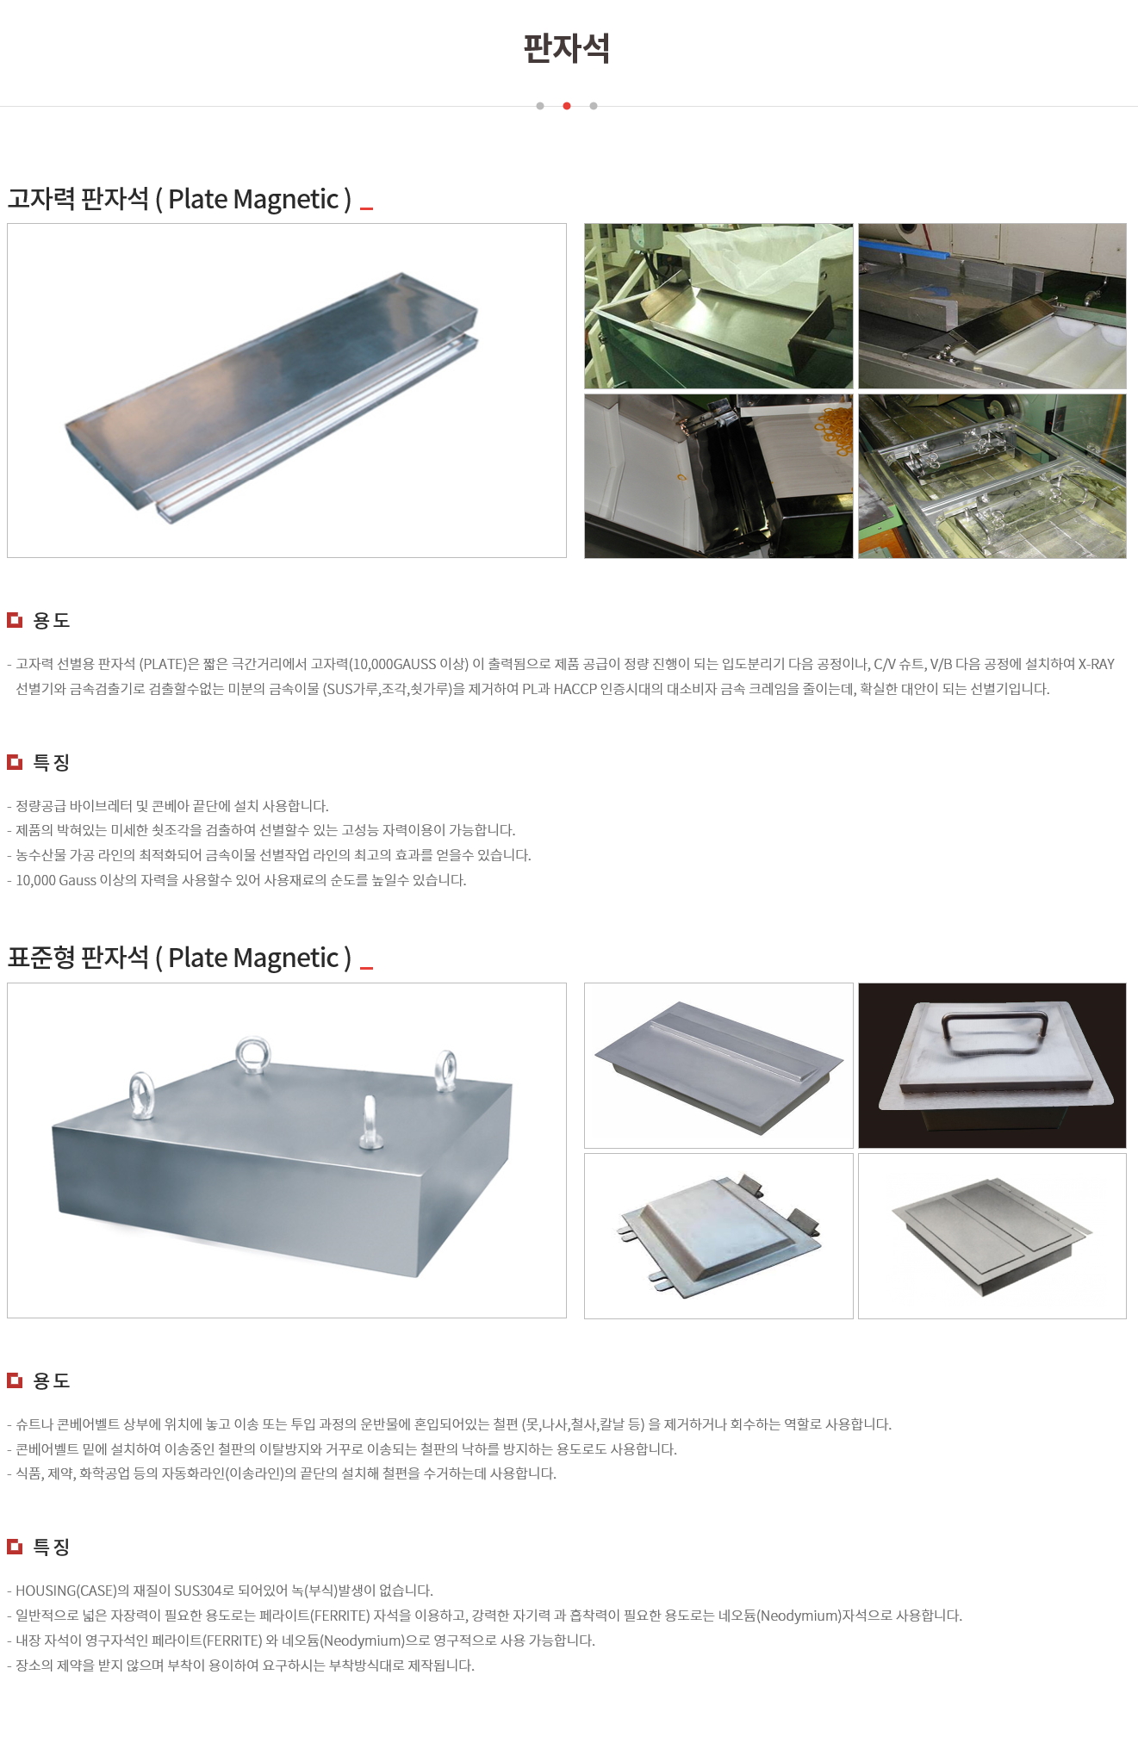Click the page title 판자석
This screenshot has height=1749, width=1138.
(567, 48)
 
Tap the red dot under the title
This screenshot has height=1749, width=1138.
(567, 106)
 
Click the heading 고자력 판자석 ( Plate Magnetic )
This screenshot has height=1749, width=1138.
(179, 199)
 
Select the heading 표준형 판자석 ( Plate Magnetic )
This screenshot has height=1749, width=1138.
(179, 958)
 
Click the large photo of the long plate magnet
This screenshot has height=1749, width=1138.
(287, 390)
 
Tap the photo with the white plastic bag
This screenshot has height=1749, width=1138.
(718, 306)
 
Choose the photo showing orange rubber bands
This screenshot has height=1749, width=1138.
(718, 476)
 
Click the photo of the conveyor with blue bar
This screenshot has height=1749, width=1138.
(992, 306)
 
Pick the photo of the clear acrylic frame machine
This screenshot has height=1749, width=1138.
(992, 476)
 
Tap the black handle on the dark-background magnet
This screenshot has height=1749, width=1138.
(995, 1030)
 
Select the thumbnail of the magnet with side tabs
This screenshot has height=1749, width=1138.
(718, 1236)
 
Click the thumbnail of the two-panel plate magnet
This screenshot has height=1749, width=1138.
(992, 1236)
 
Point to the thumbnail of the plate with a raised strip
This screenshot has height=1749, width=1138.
(718, 1065)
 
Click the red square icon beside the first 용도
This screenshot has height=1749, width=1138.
(15, 620)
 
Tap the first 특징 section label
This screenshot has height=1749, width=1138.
(51, 762)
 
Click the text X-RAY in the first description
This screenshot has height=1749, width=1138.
(1097, 664)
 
